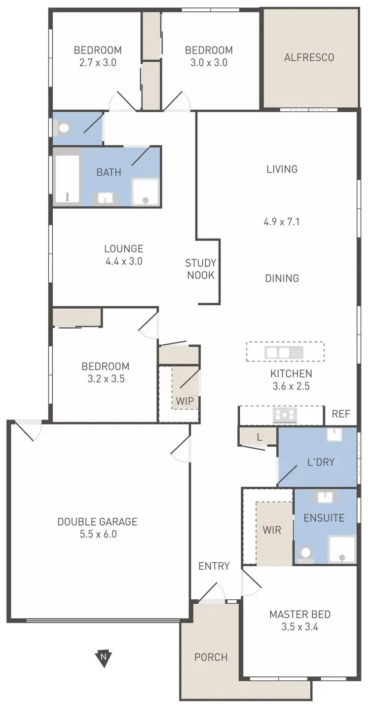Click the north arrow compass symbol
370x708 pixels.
(x=103, y=658)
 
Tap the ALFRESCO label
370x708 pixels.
(x=309, y=57)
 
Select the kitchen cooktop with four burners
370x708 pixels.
(x=285, y=415)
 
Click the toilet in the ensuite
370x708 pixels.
(x=306, y=553)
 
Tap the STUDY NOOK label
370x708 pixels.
(x=200, y=269)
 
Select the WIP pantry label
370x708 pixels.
(x=185, y=401)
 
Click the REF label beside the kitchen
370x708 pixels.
(x=341, y=414)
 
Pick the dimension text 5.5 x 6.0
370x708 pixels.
(x=97, y=534)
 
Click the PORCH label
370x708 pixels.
(x=211, y=657)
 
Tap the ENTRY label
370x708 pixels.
(x=214, y=566)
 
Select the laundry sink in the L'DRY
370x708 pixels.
(x=335, y=435)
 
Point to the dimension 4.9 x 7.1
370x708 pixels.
(x=282, y=222)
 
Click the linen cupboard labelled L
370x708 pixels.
(x=259, y=437)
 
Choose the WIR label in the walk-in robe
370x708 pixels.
(x=272, y=530)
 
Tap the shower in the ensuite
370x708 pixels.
(x=342, y=549)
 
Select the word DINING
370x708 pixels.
(x=282, y=278)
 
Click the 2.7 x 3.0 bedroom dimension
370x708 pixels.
(x=98, y=63)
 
